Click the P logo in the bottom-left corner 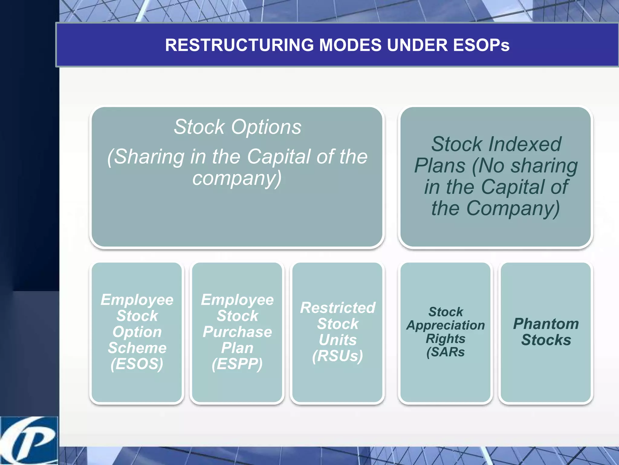point(29,441)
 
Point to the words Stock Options point(237,127)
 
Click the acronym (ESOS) point(137,364)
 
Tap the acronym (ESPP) point(237,364)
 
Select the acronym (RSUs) point(338,356)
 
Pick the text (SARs point(446,352)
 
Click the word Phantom point(546,324)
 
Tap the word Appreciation point(446,325)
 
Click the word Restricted point(338,308)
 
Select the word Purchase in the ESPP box point(237,332)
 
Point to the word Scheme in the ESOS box point(137,348)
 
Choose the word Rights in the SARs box point(446,339)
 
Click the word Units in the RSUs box point(338,340)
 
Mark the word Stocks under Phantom point(546,340)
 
